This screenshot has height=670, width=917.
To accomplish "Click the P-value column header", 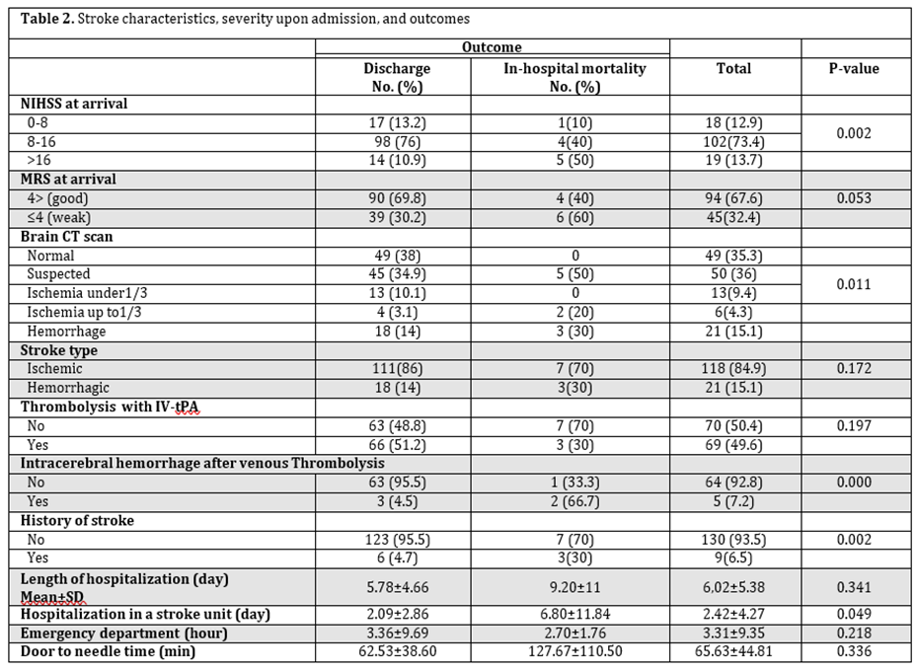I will coord(855,69).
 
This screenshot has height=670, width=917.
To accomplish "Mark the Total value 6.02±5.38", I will coord(734,586).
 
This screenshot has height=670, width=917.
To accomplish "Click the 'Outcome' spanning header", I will coord(492,46).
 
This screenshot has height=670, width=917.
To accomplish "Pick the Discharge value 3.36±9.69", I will coord(397,633).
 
